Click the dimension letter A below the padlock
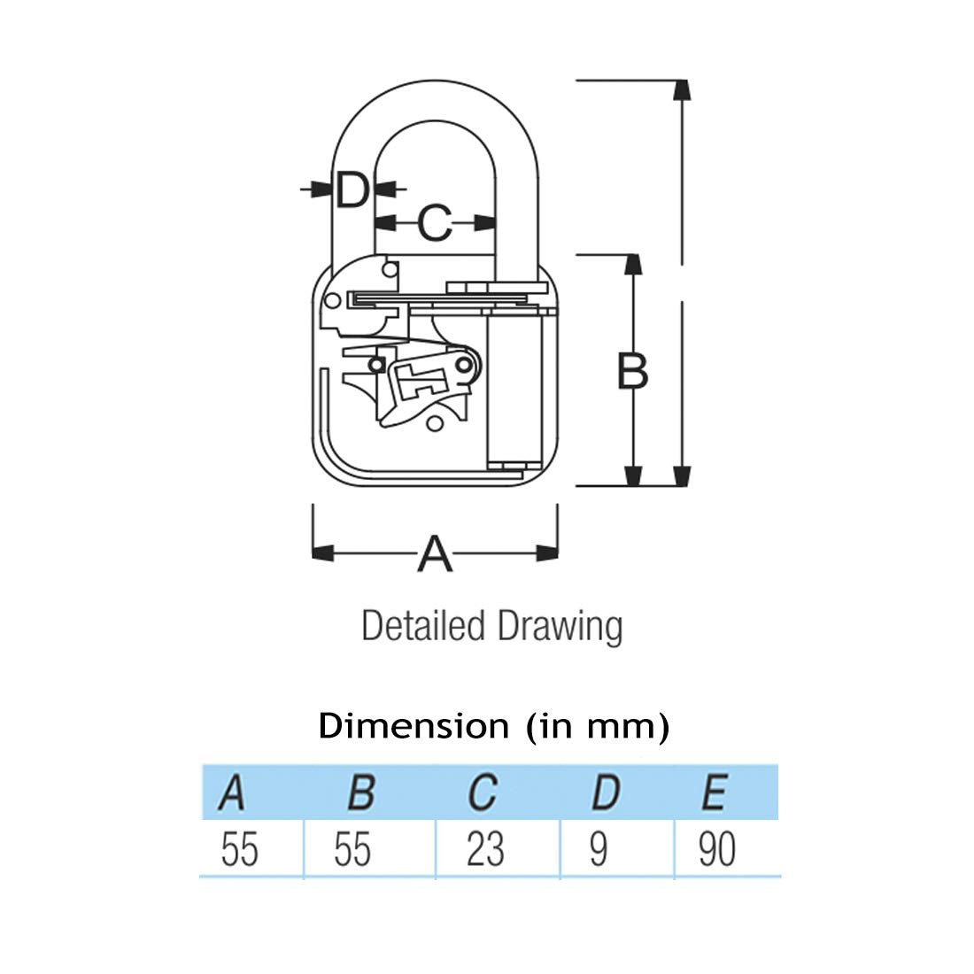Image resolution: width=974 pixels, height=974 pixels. (435, 553)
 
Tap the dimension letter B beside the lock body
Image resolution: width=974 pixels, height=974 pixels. (633, 371)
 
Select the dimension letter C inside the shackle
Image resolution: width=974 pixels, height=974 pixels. (434, 223)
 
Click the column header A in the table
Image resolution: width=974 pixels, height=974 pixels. (232, 792)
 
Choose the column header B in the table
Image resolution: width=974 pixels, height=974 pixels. (361, 792)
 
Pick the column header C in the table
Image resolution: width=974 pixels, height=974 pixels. (483, 792)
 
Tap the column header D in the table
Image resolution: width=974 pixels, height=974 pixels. (607, 792)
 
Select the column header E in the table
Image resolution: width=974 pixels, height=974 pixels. (715, 792)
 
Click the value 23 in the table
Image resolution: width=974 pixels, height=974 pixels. (485, 849)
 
